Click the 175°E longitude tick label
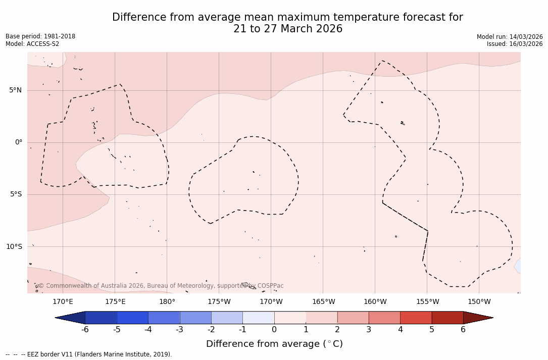click(x=115, y=302)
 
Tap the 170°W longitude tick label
click(x=271, y=302)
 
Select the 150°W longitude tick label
click(x=479, y=302)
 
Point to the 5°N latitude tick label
click(x=16, y=90)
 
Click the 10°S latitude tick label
click(x=14, y=247)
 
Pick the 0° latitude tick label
click(x=19, y=142)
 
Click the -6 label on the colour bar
click(x=85, y=330)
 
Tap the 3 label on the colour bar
click(x=369, y=330)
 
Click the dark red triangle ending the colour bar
click(x=477, y=318)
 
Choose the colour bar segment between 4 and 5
click(x=416, y=318)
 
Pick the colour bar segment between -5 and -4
click(x=133, y=318)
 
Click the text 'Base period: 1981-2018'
click(x=40, y=36)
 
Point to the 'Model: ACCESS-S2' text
click(x=32, y=44)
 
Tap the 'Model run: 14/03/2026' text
click(x=510, y=37)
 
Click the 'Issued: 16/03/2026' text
click(x=515, y=44)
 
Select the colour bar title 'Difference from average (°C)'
click(x=274, y=344)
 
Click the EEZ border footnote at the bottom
click(x=89, y=354)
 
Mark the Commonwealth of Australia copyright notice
click(x=161, y=286)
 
